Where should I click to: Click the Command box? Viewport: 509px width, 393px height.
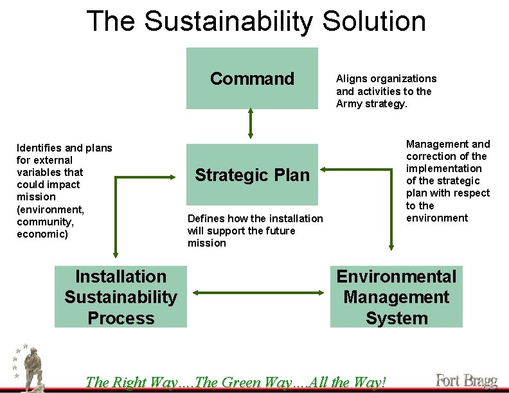click(252, 78)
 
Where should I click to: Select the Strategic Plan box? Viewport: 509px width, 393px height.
click(252, 175)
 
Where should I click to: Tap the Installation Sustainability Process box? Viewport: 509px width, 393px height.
click(121, 297)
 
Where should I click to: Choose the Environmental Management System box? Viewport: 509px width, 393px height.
click(396, 297)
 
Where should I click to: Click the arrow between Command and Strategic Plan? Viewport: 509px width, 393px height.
click(251, 123)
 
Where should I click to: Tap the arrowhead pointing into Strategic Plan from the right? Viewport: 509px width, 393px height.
click(323, 169)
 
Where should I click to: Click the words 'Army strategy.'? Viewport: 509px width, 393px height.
click(371, 104)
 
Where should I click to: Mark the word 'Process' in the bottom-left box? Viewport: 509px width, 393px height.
click(121, 318)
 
